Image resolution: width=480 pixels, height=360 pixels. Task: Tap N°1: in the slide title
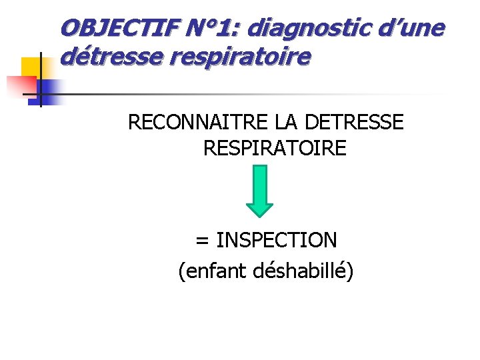211,28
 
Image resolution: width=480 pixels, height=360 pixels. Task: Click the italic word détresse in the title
110,57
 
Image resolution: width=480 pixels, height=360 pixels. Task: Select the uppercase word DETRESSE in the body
353,123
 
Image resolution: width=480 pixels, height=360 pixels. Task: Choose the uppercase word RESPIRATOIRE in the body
275,148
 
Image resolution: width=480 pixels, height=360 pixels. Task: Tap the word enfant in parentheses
215,271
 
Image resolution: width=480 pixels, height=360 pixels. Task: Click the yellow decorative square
32,68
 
